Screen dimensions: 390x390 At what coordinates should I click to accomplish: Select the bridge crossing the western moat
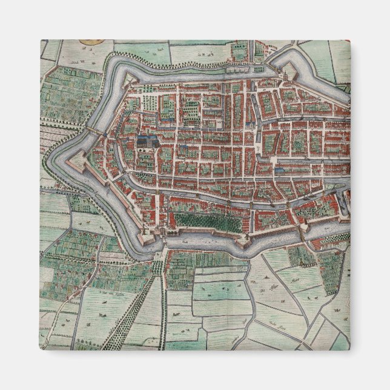pos(94,131)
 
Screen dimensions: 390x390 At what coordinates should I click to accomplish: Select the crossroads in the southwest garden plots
pos(97,266)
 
